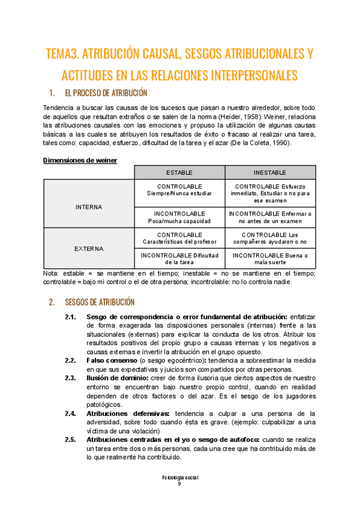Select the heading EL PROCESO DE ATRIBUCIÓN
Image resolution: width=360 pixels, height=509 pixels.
(x=105, y=93)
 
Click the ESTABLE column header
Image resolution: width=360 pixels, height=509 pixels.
(x=179, y=172)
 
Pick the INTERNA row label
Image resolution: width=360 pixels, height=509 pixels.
(x=89, y=207)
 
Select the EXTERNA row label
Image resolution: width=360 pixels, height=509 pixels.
(x=89, y=248)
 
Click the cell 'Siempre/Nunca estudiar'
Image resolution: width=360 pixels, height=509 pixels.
(x=179, y=194)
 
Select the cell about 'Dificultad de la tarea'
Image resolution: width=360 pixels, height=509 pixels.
(x=179, y=259)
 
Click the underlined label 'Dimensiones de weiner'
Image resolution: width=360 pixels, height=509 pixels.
(x=80, y=160)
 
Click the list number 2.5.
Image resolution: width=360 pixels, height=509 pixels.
(x=70, y=439)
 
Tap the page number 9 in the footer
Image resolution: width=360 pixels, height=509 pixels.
(x=179, y=484)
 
